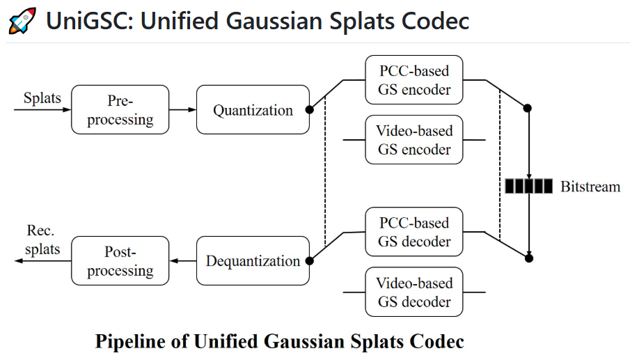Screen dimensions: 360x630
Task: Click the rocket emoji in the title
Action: [x=22, y=21]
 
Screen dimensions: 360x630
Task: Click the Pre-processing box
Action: [x=120, y=109]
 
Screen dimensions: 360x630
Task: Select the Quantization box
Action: [x=253, y=109]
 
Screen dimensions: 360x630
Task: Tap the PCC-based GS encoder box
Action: [x=414, y=80]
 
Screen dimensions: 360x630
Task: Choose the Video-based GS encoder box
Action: [x=414, y=140]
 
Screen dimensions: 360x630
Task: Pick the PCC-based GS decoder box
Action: [x=414, y=232]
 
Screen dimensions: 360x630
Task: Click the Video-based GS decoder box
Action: [x=414, y=292]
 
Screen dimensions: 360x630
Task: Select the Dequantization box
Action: [x=253, y=261]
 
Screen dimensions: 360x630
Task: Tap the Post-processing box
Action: [x=120, y=261]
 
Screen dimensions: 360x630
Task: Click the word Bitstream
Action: [x=590, y=186]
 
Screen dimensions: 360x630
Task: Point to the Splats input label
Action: [x=42, y=97]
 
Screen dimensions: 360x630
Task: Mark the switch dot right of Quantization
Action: [x=309, y=109]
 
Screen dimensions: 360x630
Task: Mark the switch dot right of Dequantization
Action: [x=309, y=261]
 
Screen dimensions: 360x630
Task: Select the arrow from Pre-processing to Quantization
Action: [x=182, y=109]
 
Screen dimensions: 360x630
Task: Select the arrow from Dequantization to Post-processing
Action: [x=182, y=261]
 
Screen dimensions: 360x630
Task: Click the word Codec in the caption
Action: [x=438, y=342]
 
